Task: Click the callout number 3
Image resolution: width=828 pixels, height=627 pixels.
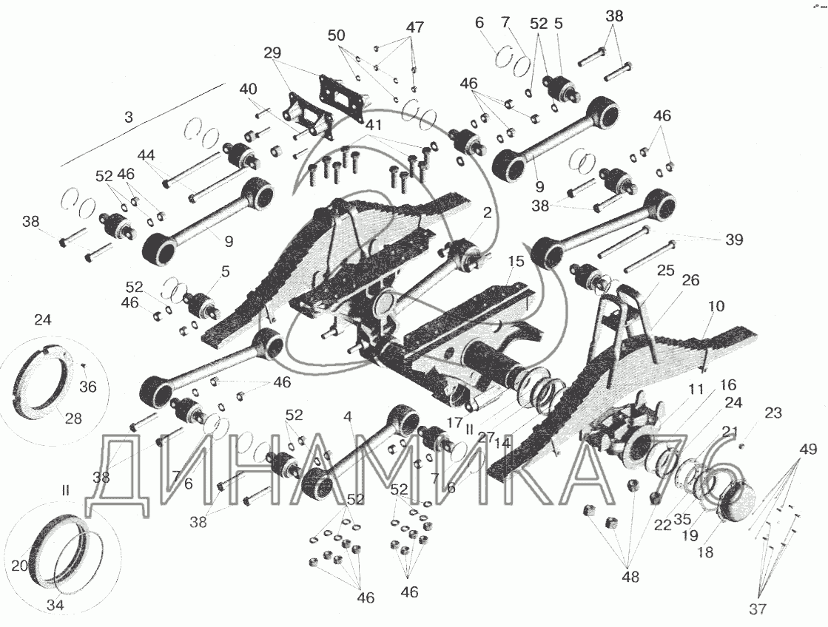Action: point(129,118)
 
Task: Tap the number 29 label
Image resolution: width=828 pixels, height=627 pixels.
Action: point(272,53)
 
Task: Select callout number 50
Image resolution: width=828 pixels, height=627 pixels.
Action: point(337,35)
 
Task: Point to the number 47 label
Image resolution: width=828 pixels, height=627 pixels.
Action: point(414,27)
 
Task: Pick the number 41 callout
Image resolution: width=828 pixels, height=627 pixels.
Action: point(373,125)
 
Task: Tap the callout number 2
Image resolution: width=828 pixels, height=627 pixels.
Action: point(487,213)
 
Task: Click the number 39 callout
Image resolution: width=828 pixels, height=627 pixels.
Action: point(734,240)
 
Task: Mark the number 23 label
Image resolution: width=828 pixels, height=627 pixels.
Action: point(773,413)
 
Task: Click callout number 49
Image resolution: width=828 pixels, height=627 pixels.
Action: point(807,449)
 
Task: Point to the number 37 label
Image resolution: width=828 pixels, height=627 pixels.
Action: point(757,609)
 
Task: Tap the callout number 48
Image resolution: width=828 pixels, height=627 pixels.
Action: point(630,577)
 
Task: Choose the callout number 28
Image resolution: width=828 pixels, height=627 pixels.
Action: point(73,418)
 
